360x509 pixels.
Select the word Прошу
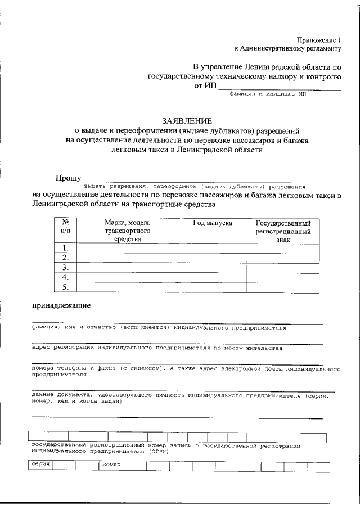pyautogui.click(x=68, y=178)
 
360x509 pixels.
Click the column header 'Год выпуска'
pyautogui.click(x=213, y=223)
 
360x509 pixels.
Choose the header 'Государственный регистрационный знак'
pyautogui.click(x=283, y=231)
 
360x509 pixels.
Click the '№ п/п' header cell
pyautogui.click(x=65, y=227)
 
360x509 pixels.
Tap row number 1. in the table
pyautogui.click(x=65, y=248)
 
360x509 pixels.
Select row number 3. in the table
pyautogui.click(x=65, y=268)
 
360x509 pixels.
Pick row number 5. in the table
pyautogui.click(x=65, y=287)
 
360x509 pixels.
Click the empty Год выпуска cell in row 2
pyautogui.click(x=213, y=258)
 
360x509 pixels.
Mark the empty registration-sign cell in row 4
pyautogui.click(x=283, y=278)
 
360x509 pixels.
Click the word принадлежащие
pyautogui.click(x=60, y=306)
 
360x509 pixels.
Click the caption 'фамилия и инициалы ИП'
pyautogui.click(x=271, y=95)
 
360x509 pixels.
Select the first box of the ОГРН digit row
pyautogui.click(x=37, y=436)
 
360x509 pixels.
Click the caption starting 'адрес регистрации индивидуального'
pyautogui.click(x=157, y=348)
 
